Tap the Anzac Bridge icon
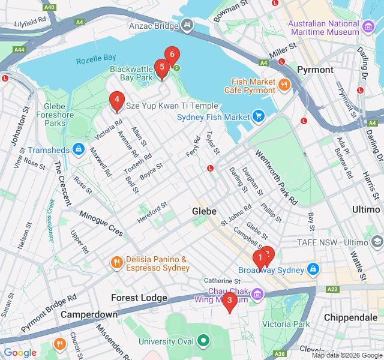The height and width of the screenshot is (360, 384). point(188,26)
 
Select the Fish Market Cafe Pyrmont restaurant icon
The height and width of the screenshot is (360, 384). point(284,85)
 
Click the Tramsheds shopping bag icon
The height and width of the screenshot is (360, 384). point(79,148)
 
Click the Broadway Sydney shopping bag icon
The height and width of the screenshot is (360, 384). point(313,270)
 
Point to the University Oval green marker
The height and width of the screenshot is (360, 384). point(203,341)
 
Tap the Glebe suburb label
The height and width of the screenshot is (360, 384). point(204,211)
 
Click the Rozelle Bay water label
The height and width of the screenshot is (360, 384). point(96,59)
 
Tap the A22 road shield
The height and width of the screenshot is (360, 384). point(332,289)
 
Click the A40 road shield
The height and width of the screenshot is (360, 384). point(50,7)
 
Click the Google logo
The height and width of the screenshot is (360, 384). point(20,353)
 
